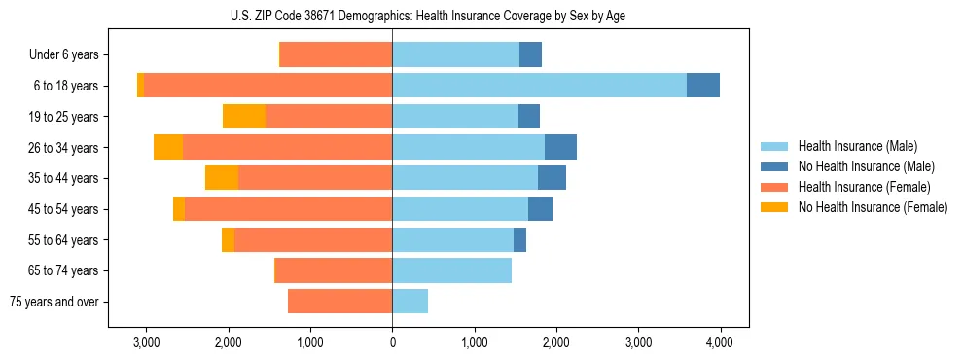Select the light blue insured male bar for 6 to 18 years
pyautogui.click(x=539, y=86)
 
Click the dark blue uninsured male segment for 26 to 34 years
pyautogui.click(x=560, y=147)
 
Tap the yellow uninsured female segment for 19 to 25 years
pyautogui.click(x=244, y=117)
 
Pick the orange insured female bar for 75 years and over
pyautogui.click(x=339, y=302)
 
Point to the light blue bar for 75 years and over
pyautogui.click(x=410, y=302)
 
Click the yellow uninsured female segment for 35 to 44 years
pyautogui.click(x=222, y=178)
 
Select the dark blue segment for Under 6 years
pyautogui.click(x=530, y=54)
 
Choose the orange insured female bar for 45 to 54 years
pyautogui.click(x=288, y=209)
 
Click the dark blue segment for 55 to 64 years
pyautogui.click(x=519, y=239)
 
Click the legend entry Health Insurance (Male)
pyautogui.click(x=857, y=146)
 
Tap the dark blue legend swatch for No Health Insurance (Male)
pyautogui.click(x=774, y=166)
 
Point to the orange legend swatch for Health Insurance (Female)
pyautogui.click(x=774, y=187)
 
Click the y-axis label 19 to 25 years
pyautogui.click(x=63, y=117)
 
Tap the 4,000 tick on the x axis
pyautogui.click(x=720, y=342)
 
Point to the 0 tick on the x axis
pyautogui.click(x=392, y=342)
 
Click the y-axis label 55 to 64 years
pyautogui.click(x=63, y=239)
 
